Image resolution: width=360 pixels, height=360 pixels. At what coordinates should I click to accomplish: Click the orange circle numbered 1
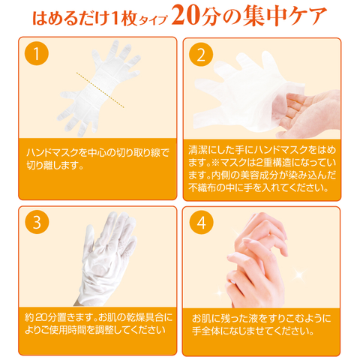pos(37,53)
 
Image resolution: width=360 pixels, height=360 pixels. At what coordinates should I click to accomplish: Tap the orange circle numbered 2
pos(201,54)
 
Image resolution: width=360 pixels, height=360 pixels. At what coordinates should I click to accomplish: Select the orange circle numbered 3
pos(37,222)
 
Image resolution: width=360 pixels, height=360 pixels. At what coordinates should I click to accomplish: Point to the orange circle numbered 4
pos(202,222)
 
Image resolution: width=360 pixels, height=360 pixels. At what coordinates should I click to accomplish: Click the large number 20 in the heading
pos(185,16)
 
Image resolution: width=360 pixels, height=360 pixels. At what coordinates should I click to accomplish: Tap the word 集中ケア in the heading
pos(284,16)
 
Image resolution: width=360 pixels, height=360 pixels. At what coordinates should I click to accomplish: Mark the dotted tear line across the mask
pos(100,90)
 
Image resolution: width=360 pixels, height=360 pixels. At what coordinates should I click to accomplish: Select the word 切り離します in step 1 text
pos(52,165)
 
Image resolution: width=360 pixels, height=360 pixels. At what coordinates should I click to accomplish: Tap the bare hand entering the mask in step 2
pos(307,113)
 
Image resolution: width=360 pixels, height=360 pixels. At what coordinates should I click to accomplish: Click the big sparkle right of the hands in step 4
pos(299,273)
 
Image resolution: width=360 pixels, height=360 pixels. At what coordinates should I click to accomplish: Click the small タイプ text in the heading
pos(153,20)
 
